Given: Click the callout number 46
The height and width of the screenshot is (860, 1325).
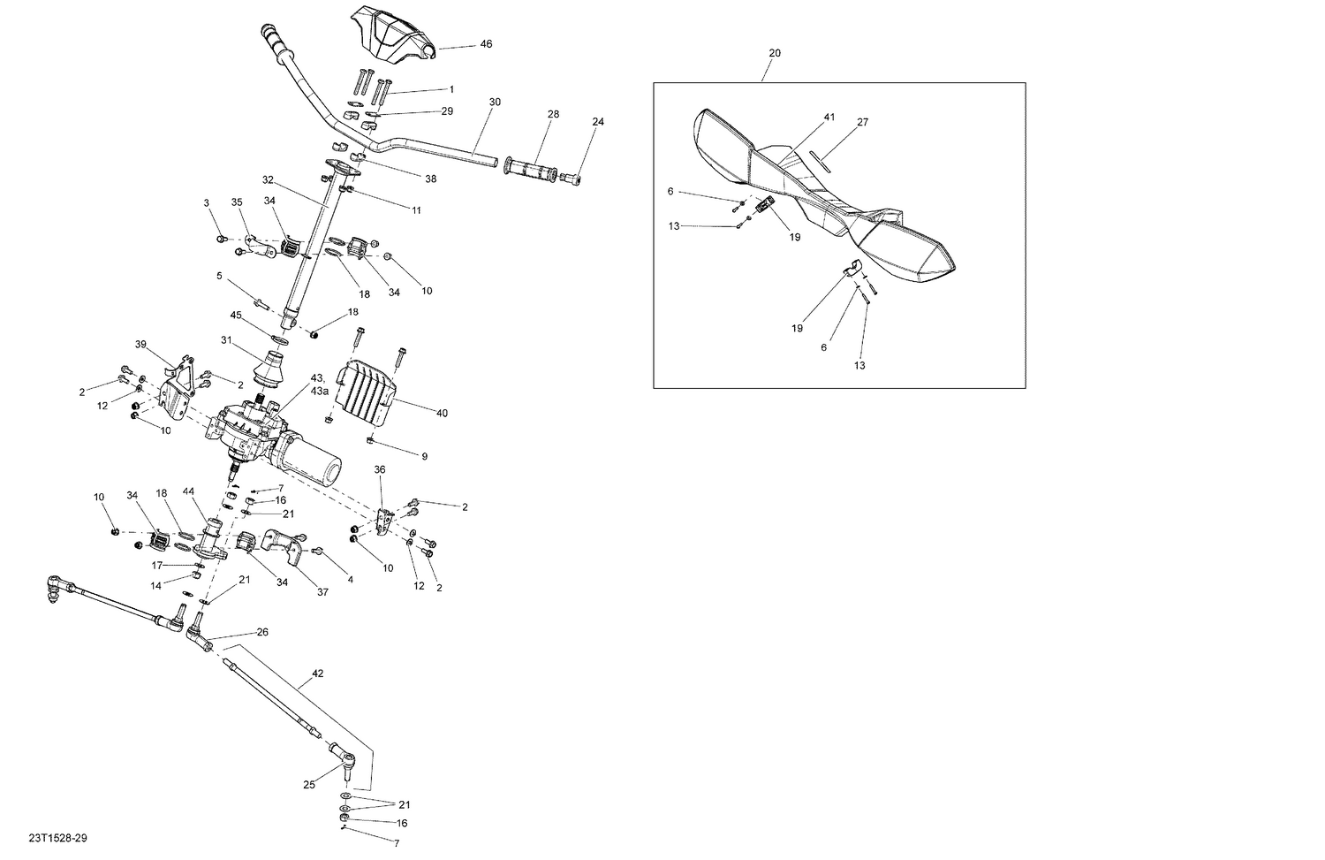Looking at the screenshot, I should pyautogui.click(x=486, y=44).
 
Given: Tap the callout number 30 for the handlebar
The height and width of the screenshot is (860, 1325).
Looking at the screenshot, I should pyautogui.click(x=495, y=103).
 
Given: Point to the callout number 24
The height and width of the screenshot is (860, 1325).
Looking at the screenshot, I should pyautogui.click(x=598, y=122).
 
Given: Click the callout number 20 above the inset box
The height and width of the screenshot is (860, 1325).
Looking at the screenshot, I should pyautogui.click(x=775, y=53).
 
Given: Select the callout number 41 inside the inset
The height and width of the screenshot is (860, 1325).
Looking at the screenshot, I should pyautogui.click(x=829, y=118).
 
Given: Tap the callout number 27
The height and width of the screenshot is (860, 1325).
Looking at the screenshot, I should pyautogui.click(x=862, y=123).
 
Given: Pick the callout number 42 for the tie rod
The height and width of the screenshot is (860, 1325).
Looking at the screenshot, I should pyautogui.click(x=318, y=674).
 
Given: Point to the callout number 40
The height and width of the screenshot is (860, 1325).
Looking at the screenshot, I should pyautogui.click(x=442, y=412).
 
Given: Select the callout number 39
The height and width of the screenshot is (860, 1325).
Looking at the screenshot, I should pyautogui.click(x=140, y=345).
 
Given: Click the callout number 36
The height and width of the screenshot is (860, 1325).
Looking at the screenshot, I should pyautogui.click(x=380, y=469).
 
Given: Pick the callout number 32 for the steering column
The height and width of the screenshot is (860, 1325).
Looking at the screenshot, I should pyautogui.click(x=269, y=180).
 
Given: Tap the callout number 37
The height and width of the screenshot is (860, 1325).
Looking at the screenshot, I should pyautogui.click(x=322, y=592).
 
